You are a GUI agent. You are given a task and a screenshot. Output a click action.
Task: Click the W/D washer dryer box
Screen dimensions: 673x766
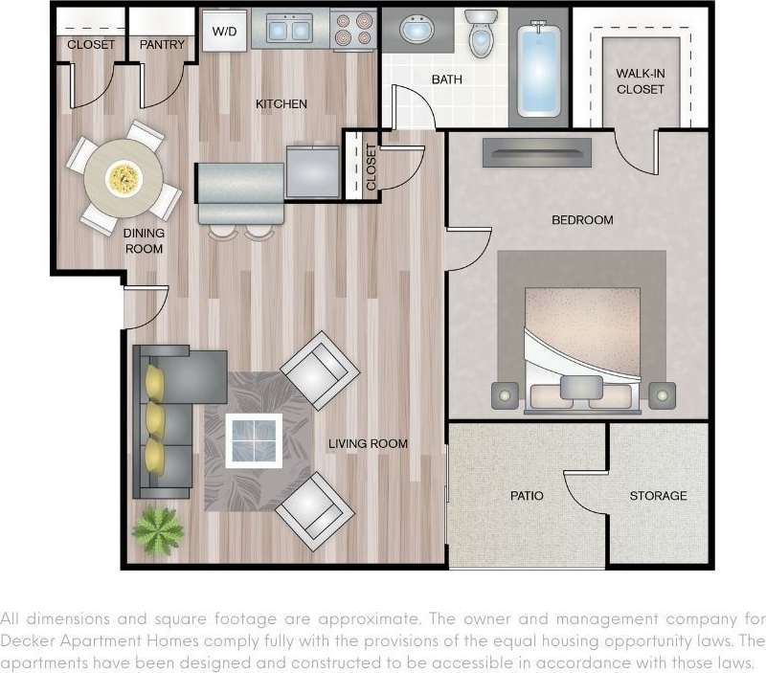[x=224, y=32]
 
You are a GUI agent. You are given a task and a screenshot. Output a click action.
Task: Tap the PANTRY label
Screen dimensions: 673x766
[x=162, y=45]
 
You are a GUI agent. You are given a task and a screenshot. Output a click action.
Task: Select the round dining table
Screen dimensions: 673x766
[x=122, y=177]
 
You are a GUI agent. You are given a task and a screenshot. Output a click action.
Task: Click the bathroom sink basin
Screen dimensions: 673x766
[x=417, y=32]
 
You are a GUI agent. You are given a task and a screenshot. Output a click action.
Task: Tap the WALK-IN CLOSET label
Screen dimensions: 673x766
[x=641, y=80]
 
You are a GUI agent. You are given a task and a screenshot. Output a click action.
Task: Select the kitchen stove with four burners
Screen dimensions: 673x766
[x=353, y=30]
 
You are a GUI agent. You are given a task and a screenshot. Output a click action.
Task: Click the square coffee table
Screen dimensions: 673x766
[x=254, y=439]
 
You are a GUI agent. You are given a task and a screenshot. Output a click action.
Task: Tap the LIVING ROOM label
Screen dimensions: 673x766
[x=368, y=443]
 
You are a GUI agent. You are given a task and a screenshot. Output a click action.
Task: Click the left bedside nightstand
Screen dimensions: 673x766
[x=505, y=393]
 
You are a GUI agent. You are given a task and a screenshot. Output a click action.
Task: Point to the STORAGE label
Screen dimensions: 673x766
[x=658, y=496]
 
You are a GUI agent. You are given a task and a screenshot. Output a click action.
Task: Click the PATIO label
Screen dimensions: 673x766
[x=526, y=496]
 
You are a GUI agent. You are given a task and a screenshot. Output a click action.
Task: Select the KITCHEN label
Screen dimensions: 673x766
[x=281, y=103]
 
